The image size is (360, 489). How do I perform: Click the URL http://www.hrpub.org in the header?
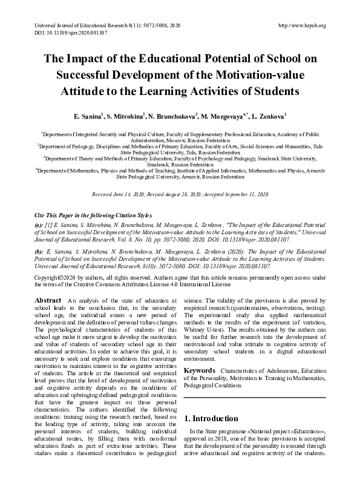click(x=301, y=25)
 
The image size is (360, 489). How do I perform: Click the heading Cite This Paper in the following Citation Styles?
click(x=92, y=216)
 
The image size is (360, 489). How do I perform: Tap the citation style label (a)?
click(x=39, y=224)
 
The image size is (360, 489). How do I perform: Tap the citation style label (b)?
click(x=39, y=249)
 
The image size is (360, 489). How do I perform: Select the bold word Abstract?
click(x=48, y=301)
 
